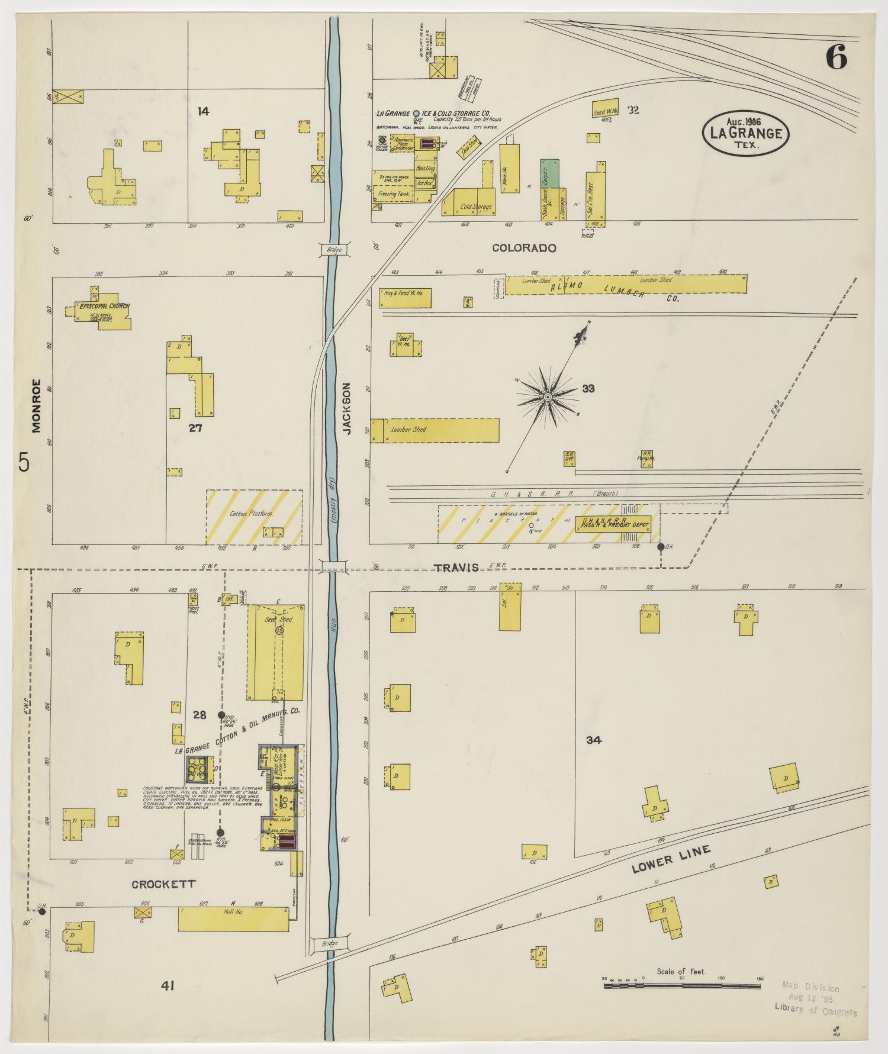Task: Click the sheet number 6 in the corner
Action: tap(836, 57)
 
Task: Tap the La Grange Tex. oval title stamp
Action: tap(745, 133)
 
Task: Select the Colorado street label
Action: tap(525, 248)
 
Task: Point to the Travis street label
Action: tap(456, 568)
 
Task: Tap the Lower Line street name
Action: tap(670, 859)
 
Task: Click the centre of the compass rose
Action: tap(548, 396)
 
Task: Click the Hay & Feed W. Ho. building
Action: tap(406, 297)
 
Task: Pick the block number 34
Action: tap(594, 740)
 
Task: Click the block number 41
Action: tap(168, 985)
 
